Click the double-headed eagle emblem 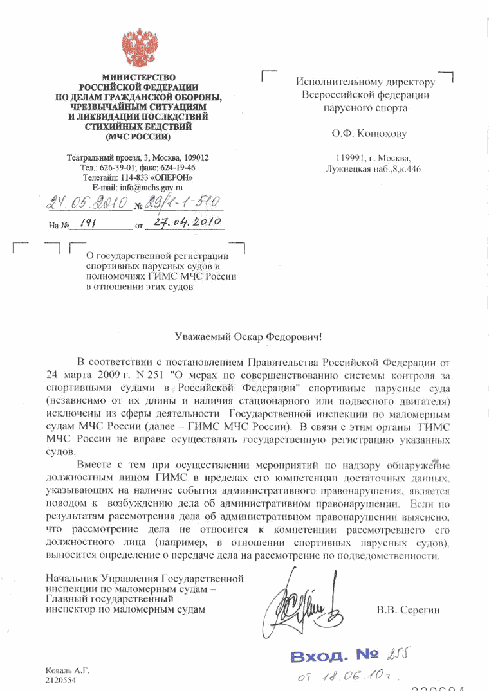click(x=138, y=46)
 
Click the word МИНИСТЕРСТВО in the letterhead click(x=138, y=78)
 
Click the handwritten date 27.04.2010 click(x=184, y=222)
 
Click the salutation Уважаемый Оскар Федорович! click(x=248, y=336)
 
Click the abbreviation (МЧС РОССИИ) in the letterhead click(x=138, y=136)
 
